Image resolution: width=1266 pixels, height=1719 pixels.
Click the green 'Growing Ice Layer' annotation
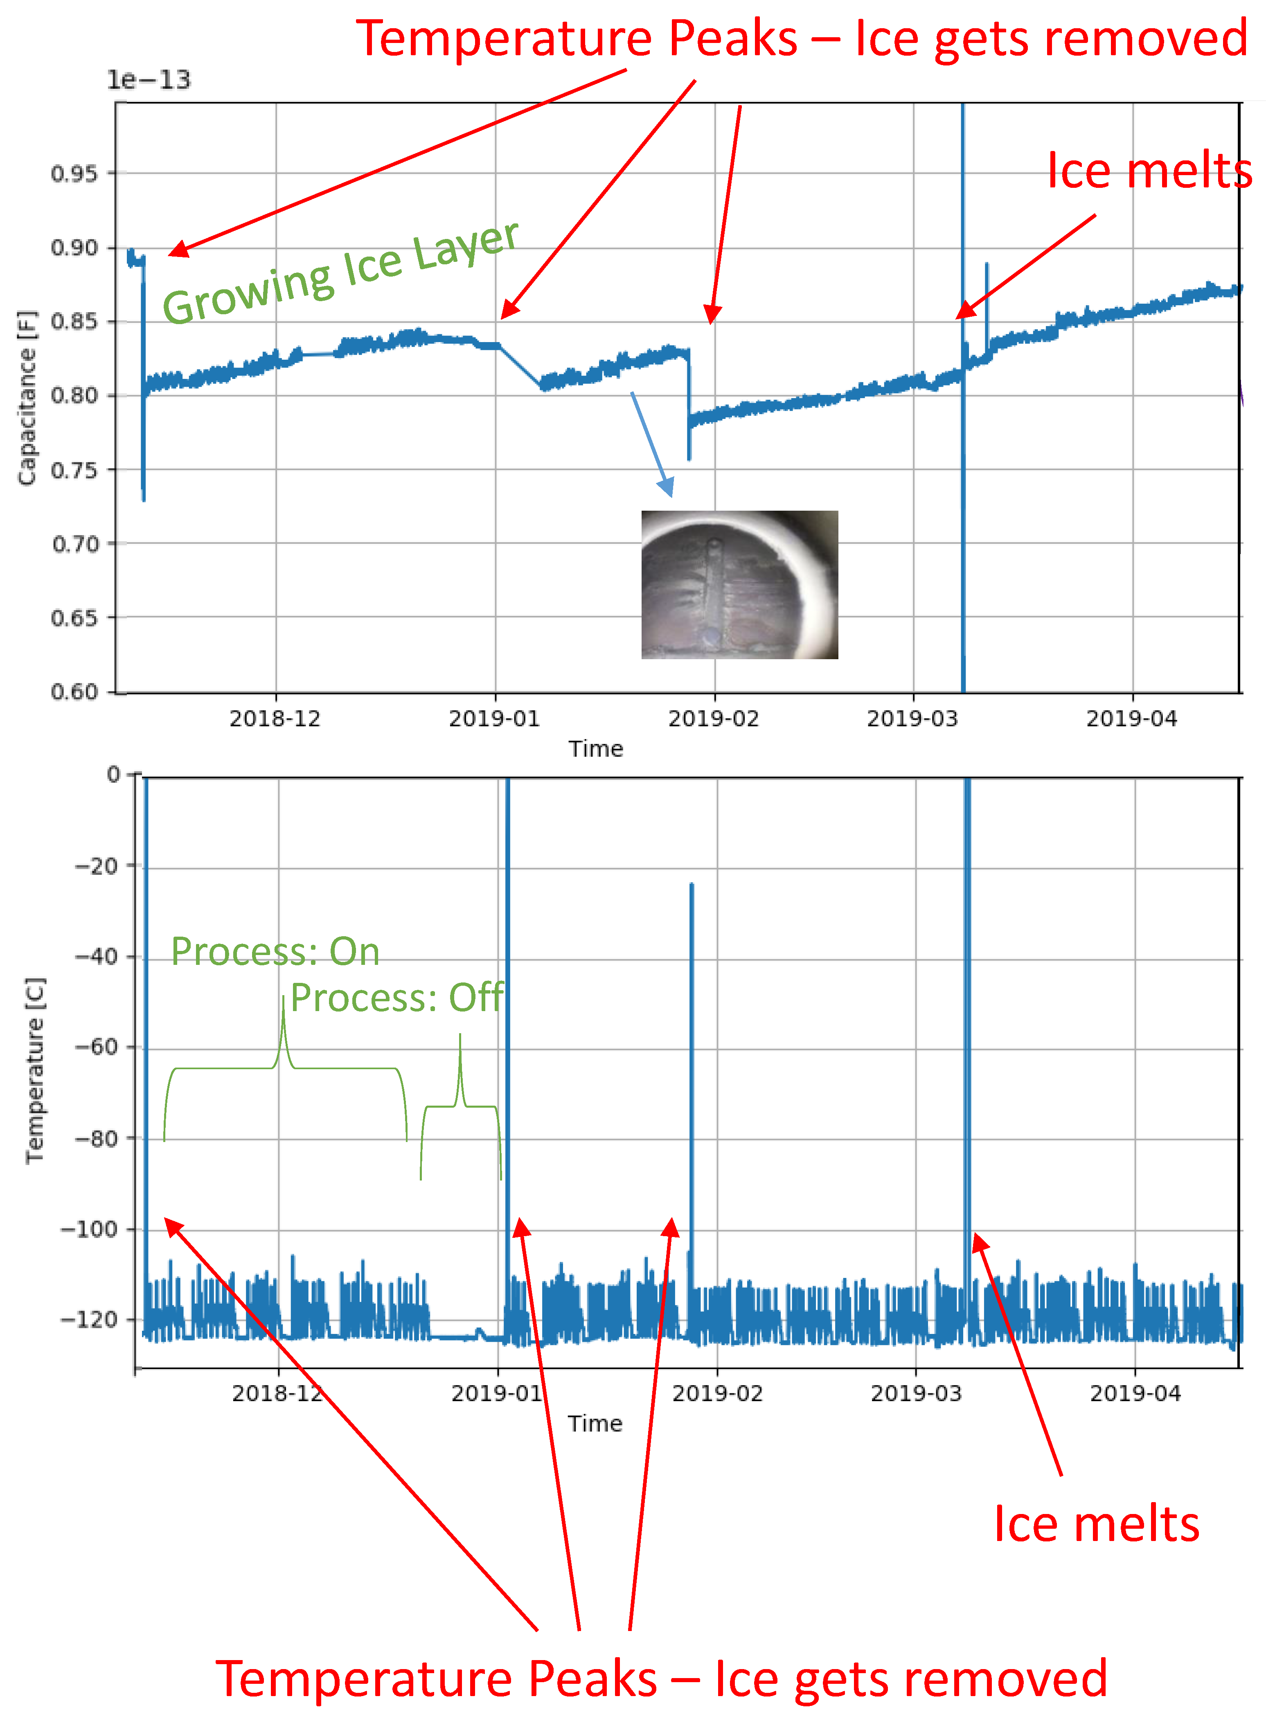341,272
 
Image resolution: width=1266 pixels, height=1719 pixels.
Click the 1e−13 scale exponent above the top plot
148,80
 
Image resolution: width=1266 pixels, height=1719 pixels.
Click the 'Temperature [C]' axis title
34,1070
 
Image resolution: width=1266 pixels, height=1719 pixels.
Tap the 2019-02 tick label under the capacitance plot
714,719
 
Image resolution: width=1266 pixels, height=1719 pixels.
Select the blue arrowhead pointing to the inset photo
667,487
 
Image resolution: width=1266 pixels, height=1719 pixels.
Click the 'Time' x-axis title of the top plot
595,749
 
